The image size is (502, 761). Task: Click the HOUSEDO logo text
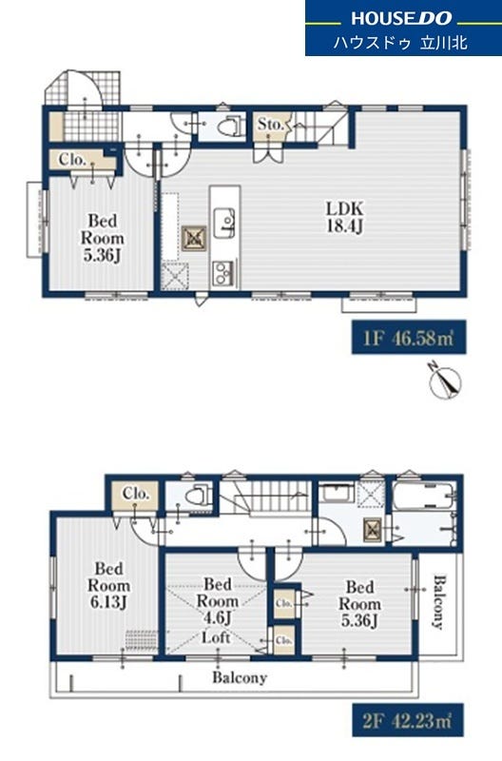[x=401, y=18]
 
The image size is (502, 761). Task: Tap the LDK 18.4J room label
[x=344, y=217]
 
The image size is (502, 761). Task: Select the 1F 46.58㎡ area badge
[x=409, y=338]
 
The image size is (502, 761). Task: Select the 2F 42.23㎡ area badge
[x=408, y=720]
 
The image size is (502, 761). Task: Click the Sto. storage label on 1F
[x=270, y=125]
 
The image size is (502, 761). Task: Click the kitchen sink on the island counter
[x=224, y=224]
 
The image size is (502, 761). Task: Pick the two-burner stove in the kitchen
[x=224, y=273]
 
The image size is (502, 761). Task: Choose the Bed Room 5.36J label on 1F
[x=102, y=238]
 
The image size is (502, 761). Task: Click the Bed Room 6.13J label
[x=108, y=585]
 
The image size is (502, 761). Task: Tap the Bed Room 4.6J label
[x=217, y=601]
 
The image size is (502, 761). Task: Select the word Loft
[x=216, y=637]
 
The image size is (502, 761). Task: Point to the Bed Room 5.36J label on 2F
[x=359, y=603]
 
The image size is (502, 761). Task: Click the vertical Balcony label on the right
[x=439, y=602]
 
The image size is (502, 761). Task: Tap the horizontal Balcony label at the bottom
[x=240, y=677]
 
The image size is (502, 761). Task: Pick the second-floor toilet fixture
[x=200, y=496]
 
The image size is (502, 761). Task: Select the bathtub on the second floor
[x=424, y=496]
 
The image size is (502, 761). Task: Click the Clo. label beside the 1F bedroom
[x=72, y=159]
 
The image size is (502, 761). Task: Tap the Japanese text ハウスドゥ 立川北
[x=400, y=43]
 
